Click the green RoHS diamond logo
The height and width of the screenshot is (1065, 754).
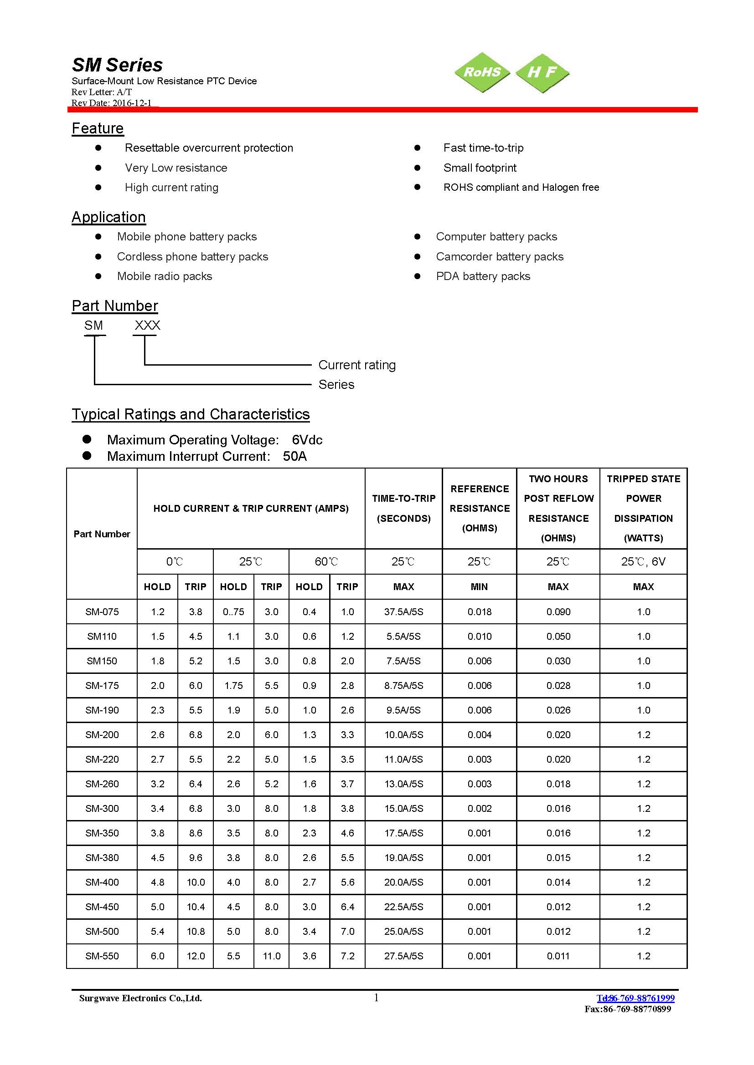(482, 72)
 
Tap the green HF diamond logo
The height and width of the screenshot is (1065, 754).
(542, 72)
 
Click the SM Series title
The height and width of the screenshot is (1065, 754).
(117, 65)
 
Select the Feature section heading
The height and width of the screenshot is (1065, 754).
(98, 128)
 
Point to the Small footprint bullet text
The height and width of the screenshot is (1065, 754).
(480, 168)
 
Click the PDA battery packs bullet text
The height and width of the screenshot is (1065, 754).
(483, 276)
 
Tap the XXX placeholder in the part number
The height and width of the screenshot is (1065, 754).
(147, 326)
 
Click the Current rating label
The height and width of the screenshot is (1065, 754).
(356, 365)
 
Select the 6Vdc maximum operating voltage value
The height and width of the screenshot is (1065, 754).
(307, 440)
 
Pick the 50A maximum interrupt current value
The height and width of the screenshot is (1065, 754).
(295, 456)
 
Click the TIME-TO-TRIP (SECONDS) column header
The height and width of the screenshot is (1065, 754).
(403, 509)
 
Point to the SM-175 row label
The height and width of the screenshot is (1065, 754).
(102, 686)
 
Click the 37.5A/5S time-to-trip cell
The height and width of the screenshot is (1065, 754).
(403, 612)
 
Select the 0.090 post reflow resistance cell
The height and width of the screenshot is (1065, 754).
(558, 612)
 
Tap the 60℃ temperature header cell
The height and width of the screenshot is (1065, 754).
(326, 562)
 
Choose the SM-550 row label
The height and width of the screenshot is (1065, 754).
(102, 956)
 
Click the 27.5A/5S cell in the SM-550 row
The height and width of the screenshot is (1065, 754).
(403, 956)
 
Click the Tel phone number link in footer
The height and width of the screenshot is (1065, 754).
(635, 998)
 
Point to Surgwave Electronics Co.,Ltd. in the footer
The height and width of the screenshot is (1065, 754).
(140, 998)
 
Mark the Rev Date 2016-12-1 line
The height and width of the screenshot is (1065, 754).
(111, 103)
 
